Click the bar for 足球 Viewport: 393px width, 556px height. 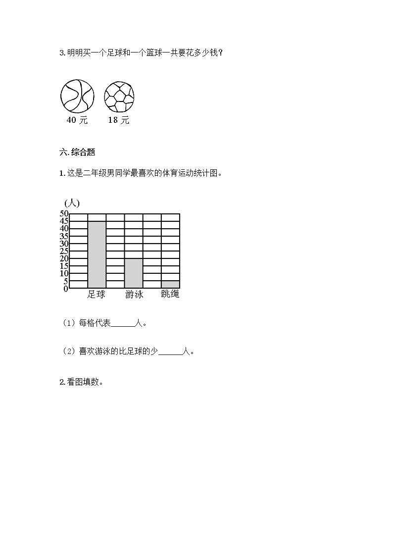click(97, 254)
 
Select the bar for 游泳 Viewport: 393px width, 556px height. click(134, 273)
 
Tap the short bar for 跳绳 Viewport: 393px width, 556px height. click(170, 284)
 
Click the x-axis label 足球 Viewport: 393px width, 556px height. click(97, 294)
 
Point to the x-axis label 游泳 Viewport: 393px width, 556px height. click(134, 294)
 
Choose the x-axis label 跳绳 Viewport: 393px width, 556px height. click(170, 294)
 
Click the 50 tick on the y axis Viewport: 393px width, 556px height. click(64, 214)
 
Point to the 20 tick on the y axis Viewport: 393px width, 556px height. click(64, 258)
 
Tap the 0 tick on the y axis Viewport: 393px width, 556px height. click(65, 289)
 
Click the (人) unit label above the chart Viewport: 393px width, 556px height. click(72, 203)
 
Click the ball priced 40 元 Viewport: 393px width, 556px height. click(77, 96)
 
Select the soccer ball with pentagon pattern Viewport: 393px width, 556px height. click(119, 96)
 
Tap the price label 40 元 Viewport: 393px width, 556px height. click(77, 120)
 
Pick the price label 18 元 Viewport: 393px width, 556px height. click(119, 120)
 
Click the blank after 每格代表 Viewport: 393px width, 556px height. click(123, 324)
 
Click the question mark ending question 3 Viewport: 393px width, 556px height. click(220, 53)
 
